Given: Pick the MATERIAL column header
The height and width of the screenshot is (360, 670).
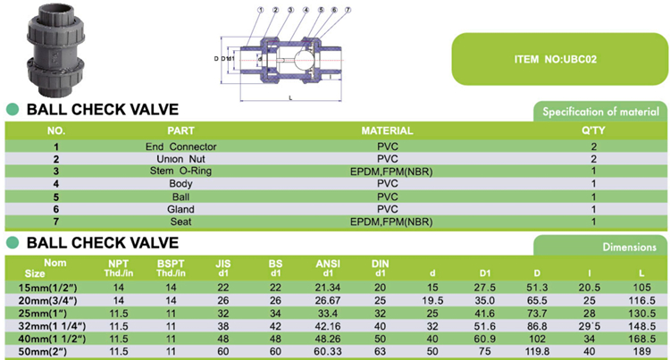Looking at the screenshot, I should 386,130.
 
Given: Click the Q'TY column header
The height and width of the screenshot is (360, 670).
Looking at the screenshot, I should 593,130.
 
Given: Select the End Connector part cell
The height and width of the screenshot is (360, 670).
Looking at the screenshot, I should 180,146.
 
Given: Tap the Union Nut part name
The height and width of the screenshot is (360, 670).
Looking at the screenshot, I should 180,158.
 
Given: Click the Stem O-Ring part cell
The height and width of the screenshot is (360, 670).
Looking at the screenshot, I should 180,171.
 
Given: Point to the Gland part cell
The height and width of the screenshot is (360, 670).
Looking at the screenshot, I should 180,208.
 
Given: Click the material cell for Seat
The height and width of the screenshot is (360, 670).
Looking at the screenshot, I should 386,221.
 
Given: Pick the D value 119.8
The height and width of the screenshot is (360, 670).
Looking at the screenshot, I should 538,352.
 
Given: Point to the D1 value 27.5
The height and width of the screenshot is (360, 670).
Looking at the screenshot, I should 485,288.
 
